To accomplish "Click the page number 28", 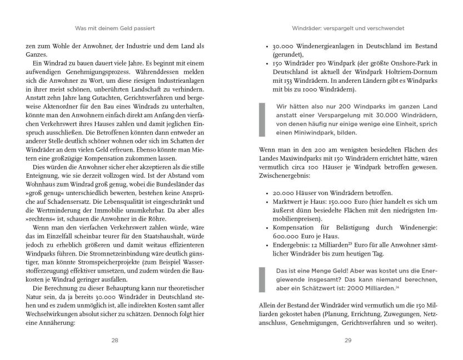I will tap(115, 341).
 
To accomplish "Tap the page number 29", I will tap(348, 341).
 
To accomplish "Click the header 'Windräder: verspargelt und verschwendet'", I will tap(348, 27).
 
